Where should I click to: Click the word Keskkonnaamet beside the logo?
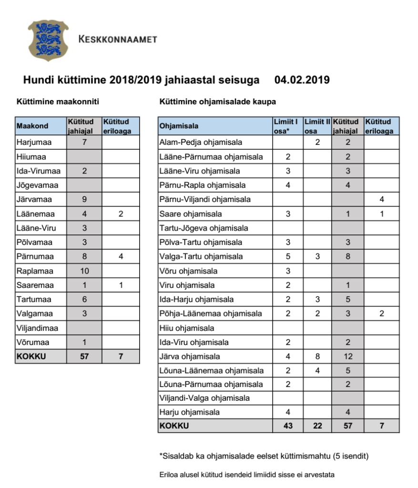click(117, 40)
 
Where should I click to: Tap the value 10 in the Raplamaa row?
click(84, 271)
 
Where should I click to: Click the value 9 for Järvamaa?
click(84, 200)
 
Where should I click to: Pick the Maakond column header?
click(32, 126)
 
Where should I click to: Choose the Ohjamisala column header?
click(179, 126)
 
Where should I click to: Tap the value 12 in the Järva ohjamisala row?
click(348, 356)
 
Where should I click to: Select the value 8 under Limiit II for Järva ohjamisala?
click(317, 356)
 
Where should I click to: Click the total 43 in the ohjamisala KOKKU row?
click(288, 426)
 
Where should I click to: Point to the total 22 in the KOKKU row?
click(317, 426)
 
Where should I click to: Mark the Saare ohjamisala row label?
click(191, 214)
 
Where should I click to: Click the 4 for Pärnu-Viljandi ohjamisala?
click(382, 200)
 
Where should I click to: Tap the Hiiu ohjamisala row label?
click(187, 328)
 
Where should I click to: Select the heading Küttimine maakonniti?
click(58, 102)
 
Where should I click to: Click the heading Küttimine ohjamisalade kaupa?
click(218, 102)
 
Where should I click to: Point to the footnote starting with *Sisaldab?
click(264, 456)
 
